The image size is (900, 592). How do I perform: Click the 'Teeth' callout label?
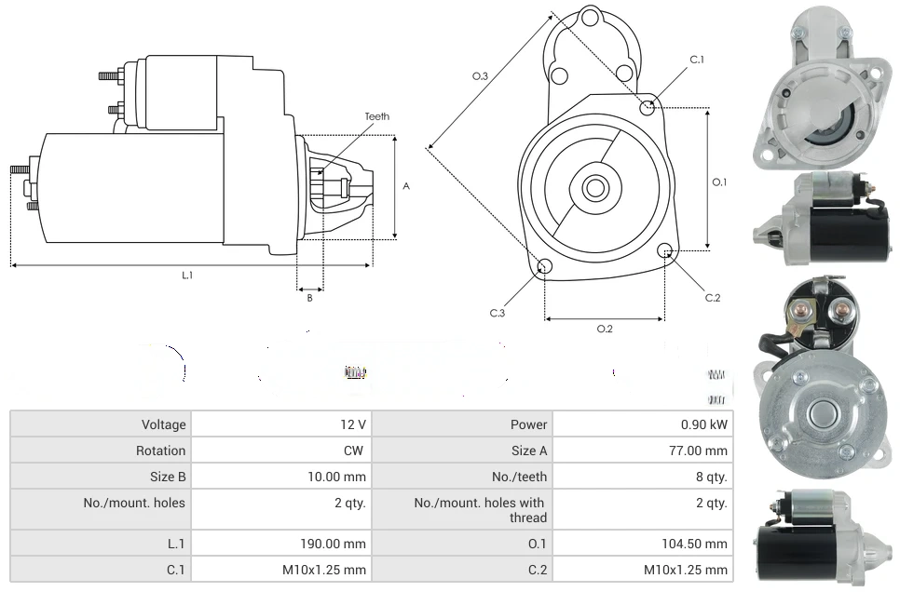tap(376, 116)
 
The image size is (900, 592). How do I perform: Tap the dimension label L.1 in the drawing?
tap(187, 275)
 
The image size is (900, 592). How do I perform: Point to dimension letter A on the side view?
tap(406, 186)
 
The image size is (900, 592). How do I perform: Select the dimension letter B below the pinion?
tap(309, 298)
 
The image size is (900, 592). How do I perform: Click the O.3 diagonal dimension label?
tap(481, 76)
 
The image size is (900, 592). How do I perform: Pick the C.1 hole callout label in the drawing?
tap(697, 60)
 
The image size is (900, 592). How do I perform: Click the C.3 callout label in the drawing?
tap(498, 313)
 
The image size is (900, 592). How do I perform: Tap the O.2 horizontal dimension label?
tap(605, 329)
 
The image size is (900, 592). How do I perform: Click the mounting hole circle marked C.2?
tap(665, 250)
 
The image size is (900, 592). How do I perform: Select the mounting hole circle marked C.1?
tap(648, 107)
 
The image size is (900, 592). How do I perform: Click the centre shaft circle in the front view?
tap(594, 188)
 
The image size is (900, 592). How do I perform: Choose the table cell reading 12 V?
tap(353, 424)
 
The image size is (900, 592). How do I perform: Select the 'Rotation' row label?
tap(160, 451)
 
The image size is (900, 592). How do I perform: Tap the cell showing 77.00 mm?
tap(703, 451)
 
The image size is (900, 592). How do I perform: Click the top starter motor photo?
tap(822, 89)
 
